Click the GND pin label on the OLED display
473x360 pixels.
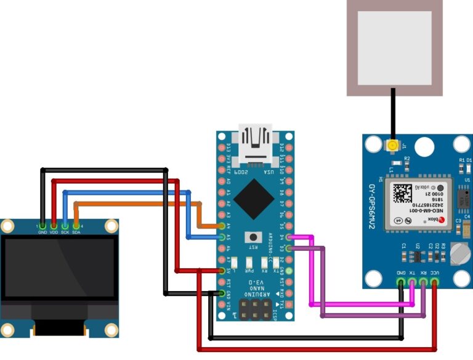42,232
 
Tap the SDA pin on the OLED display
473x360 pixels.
76,226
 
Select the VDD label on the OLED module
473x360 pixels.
54,232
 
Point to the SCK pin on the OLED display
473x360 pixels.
65,226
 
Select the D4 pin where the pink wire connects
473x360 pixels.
288,237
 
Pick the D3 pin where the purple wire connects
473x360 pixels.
288,248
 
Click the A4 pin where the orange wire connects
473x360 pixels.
222,226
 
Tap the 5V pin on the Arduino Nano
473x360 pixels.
222,271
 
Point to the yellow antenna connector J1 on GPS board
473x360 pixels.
392,146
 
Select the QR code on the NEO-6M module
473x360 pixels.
403,194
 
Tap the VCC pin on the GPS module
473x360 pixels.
435,283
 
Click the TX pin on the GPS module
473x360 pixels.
413,283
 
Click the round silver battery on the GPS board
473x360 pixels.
459,253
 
